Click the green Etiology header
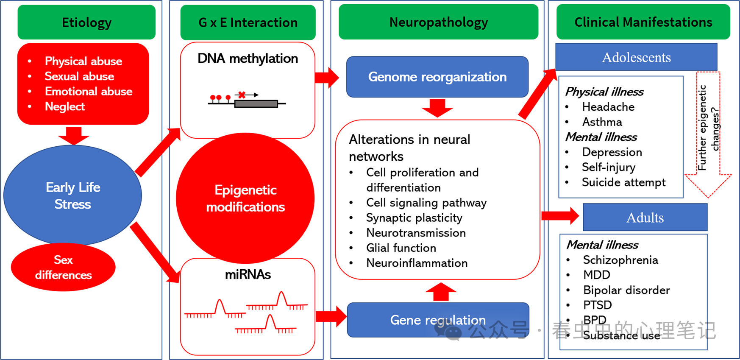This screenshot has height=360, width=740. (x=86, y=22)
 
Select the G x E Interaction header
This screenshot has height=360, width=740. (x=248, y=22)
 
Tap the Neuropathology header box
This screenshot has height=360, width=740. (x=438, y=22)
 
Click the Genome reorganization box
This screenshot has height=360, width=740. (x=437, y=77)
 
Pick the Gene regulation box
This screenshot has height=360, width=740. (x=438, y=320)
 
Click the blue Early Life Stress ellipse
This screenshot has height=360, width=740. (x=72, y=195)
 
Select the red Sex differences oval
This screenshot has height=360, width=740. (x=63, y=267)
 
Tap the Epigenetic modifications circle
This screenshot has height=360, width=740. (x=245, y=198)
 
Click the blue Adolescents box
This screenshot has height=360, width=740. (x=636, y=57)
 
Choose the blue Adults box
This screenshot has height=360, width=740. (x=645, y=218)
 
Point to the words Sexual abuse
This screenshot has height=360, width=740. (x=79, y=76)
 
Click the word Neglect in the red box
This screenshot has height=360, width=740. (x=65, y=106)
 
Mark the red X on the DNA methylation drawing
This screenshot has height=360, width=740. (x=242, y=95)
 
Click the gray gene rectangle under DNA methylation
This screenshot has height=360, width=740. (x=256, y=104)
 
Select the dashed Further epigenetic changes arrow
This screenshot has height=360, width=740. (x=708, y=136)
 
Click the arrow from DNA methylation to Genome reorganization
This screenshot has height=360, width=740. (x=327, y=78)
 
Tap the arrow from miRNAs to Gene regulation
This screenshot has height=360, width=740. (x=331, y=316)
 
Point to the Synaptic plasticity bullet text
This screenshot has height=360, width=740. (x=414, y=218)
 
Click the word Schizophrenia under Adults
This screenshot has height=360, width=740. (x=620, y=260)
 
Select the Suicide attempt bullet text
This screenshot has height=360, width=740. (x=623, y=182)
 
